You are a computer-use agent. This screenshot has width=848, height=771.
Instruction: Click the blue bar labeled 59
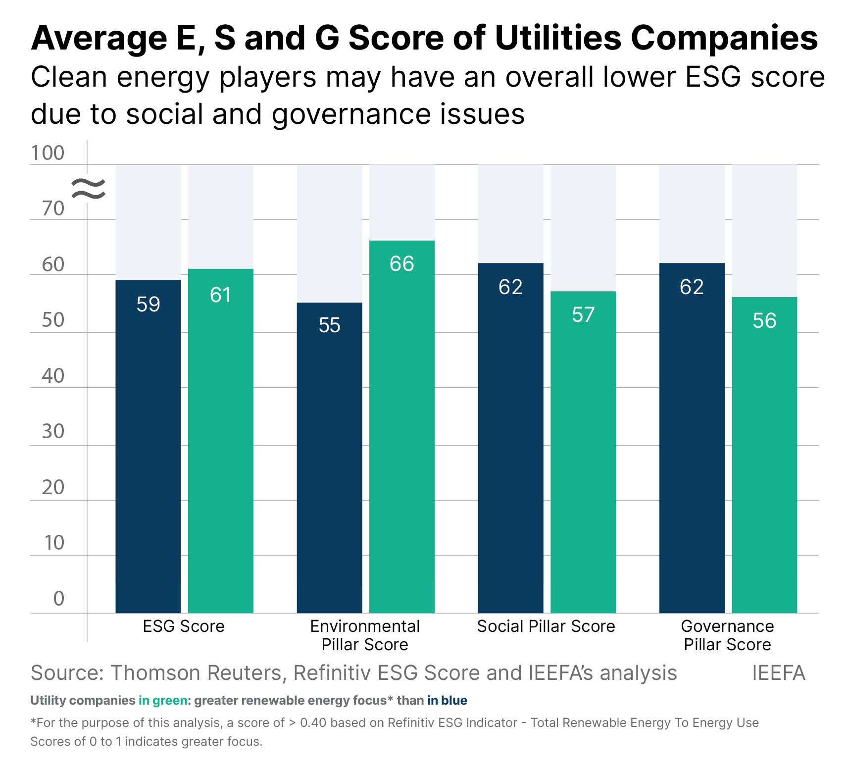[148, 446]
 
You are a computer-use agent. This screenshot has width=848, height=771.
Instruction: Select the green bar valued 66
[401, 426]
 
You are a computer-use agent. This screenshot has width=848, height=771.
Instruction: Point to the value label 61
[220, 295]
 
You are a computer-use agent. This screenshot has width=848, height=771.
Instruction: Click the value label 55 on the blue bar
[329, 325]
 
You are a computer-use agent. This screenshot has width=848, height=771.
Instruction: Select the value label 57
[583, 315]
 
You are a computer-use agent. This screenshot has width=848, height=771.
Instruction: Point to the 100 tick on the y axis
[48, 153]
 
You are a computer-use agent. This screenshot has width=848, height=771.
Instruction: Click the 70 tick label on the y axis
[53, 209]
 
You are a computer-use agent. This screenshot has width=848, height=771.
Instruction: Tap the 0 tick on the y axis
[58, 599]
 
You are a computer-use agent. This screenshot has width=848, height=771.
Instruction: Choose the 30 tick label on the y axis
[53, 432]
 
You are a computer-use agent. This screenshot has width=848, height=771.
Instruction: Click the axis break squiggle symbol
[88, 189]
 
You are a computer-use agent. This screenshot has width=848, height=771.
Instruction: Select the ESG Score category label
[184, 626]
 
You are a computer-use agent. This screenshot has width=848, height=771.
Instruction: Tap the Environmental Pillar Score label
[365, 635]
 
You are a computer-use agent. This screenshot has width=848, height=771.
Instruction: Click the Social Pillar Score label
[546, 626]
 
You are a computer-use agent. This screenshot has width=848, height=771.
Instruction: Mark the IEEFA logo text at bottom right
[778, 673]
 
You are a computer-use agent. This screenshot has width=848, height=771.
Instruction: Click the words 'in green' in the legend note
[163, 701]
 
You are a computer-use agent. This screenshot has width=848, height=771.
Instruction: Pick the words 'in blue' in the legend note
[447, 701]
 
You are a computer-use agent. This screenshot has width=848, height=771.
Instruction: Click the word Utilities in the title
[558, 38]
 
